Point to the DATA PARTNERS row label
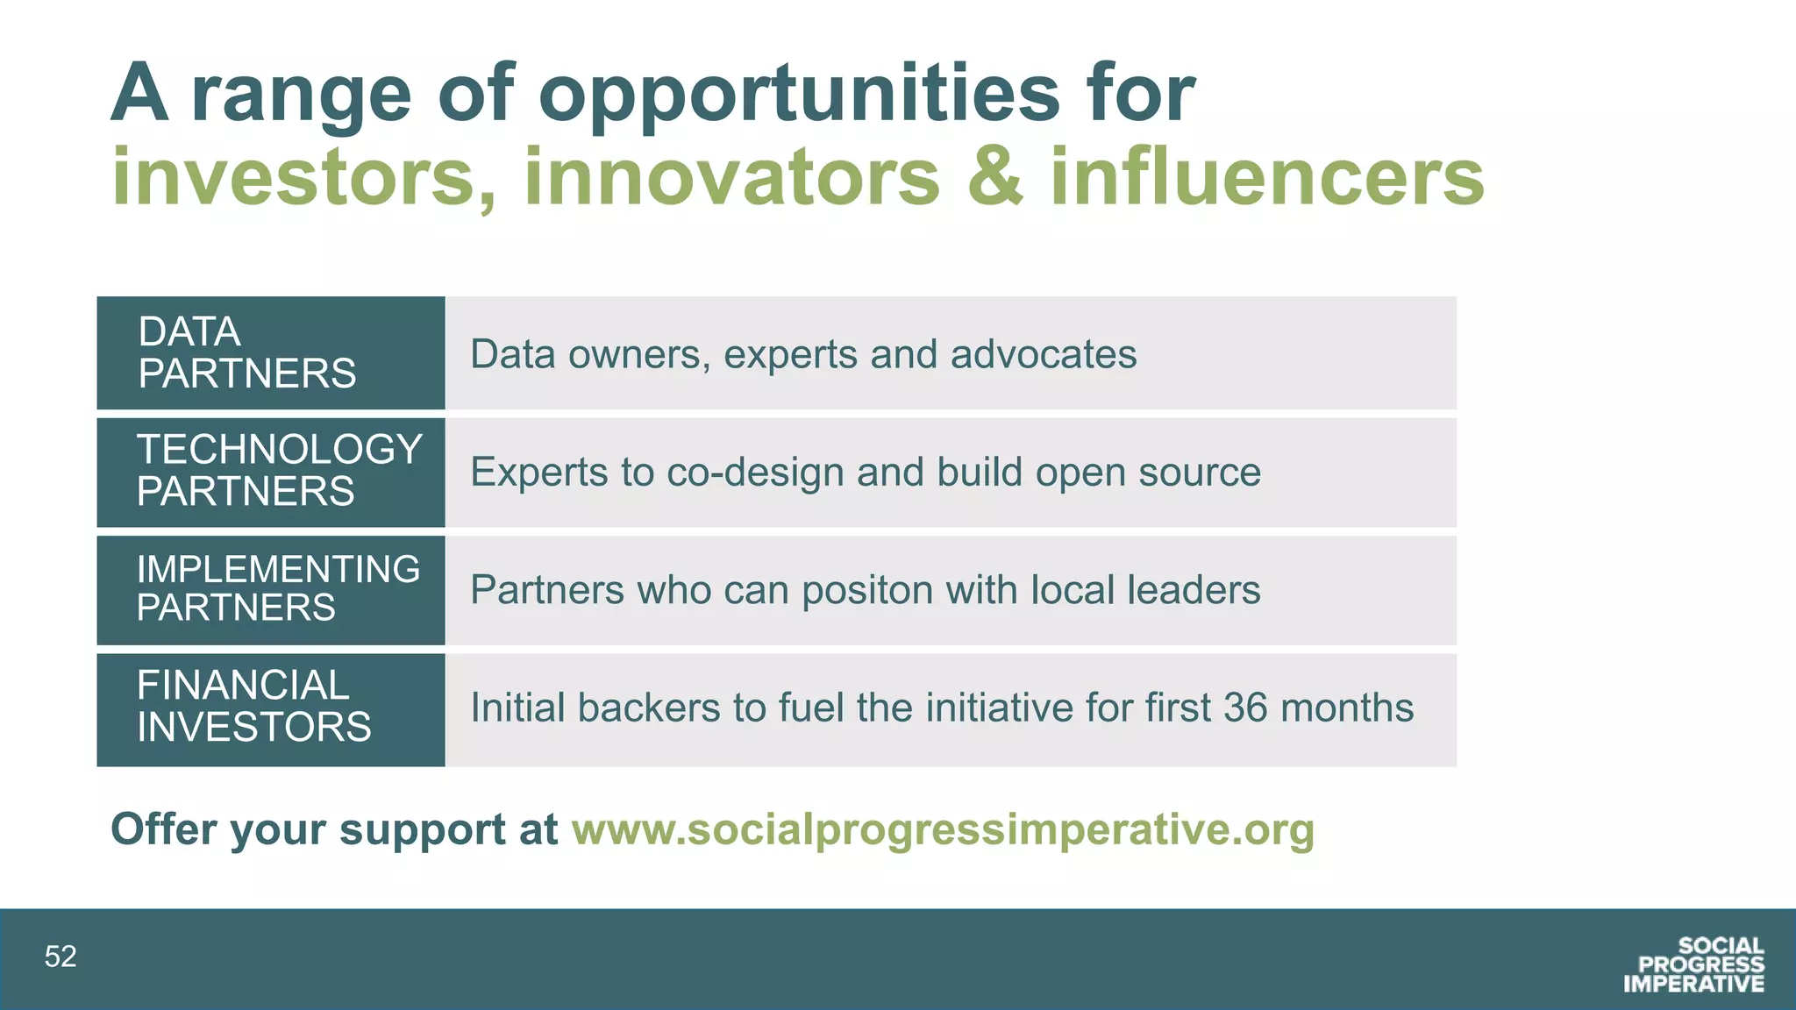tap(247, 352)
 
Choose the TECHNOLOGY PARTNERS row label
tap(279, 471)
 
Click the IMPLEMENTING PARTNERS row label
tap(277, 588)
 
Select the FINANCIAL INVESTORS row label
tap(253, 707)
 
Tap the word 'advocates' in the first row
tap(1043, 355)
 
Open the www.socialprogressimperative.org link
tap(943, 829)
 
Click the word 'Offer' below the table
tap(162, 829)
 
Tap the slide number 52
tap(61, 957)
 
